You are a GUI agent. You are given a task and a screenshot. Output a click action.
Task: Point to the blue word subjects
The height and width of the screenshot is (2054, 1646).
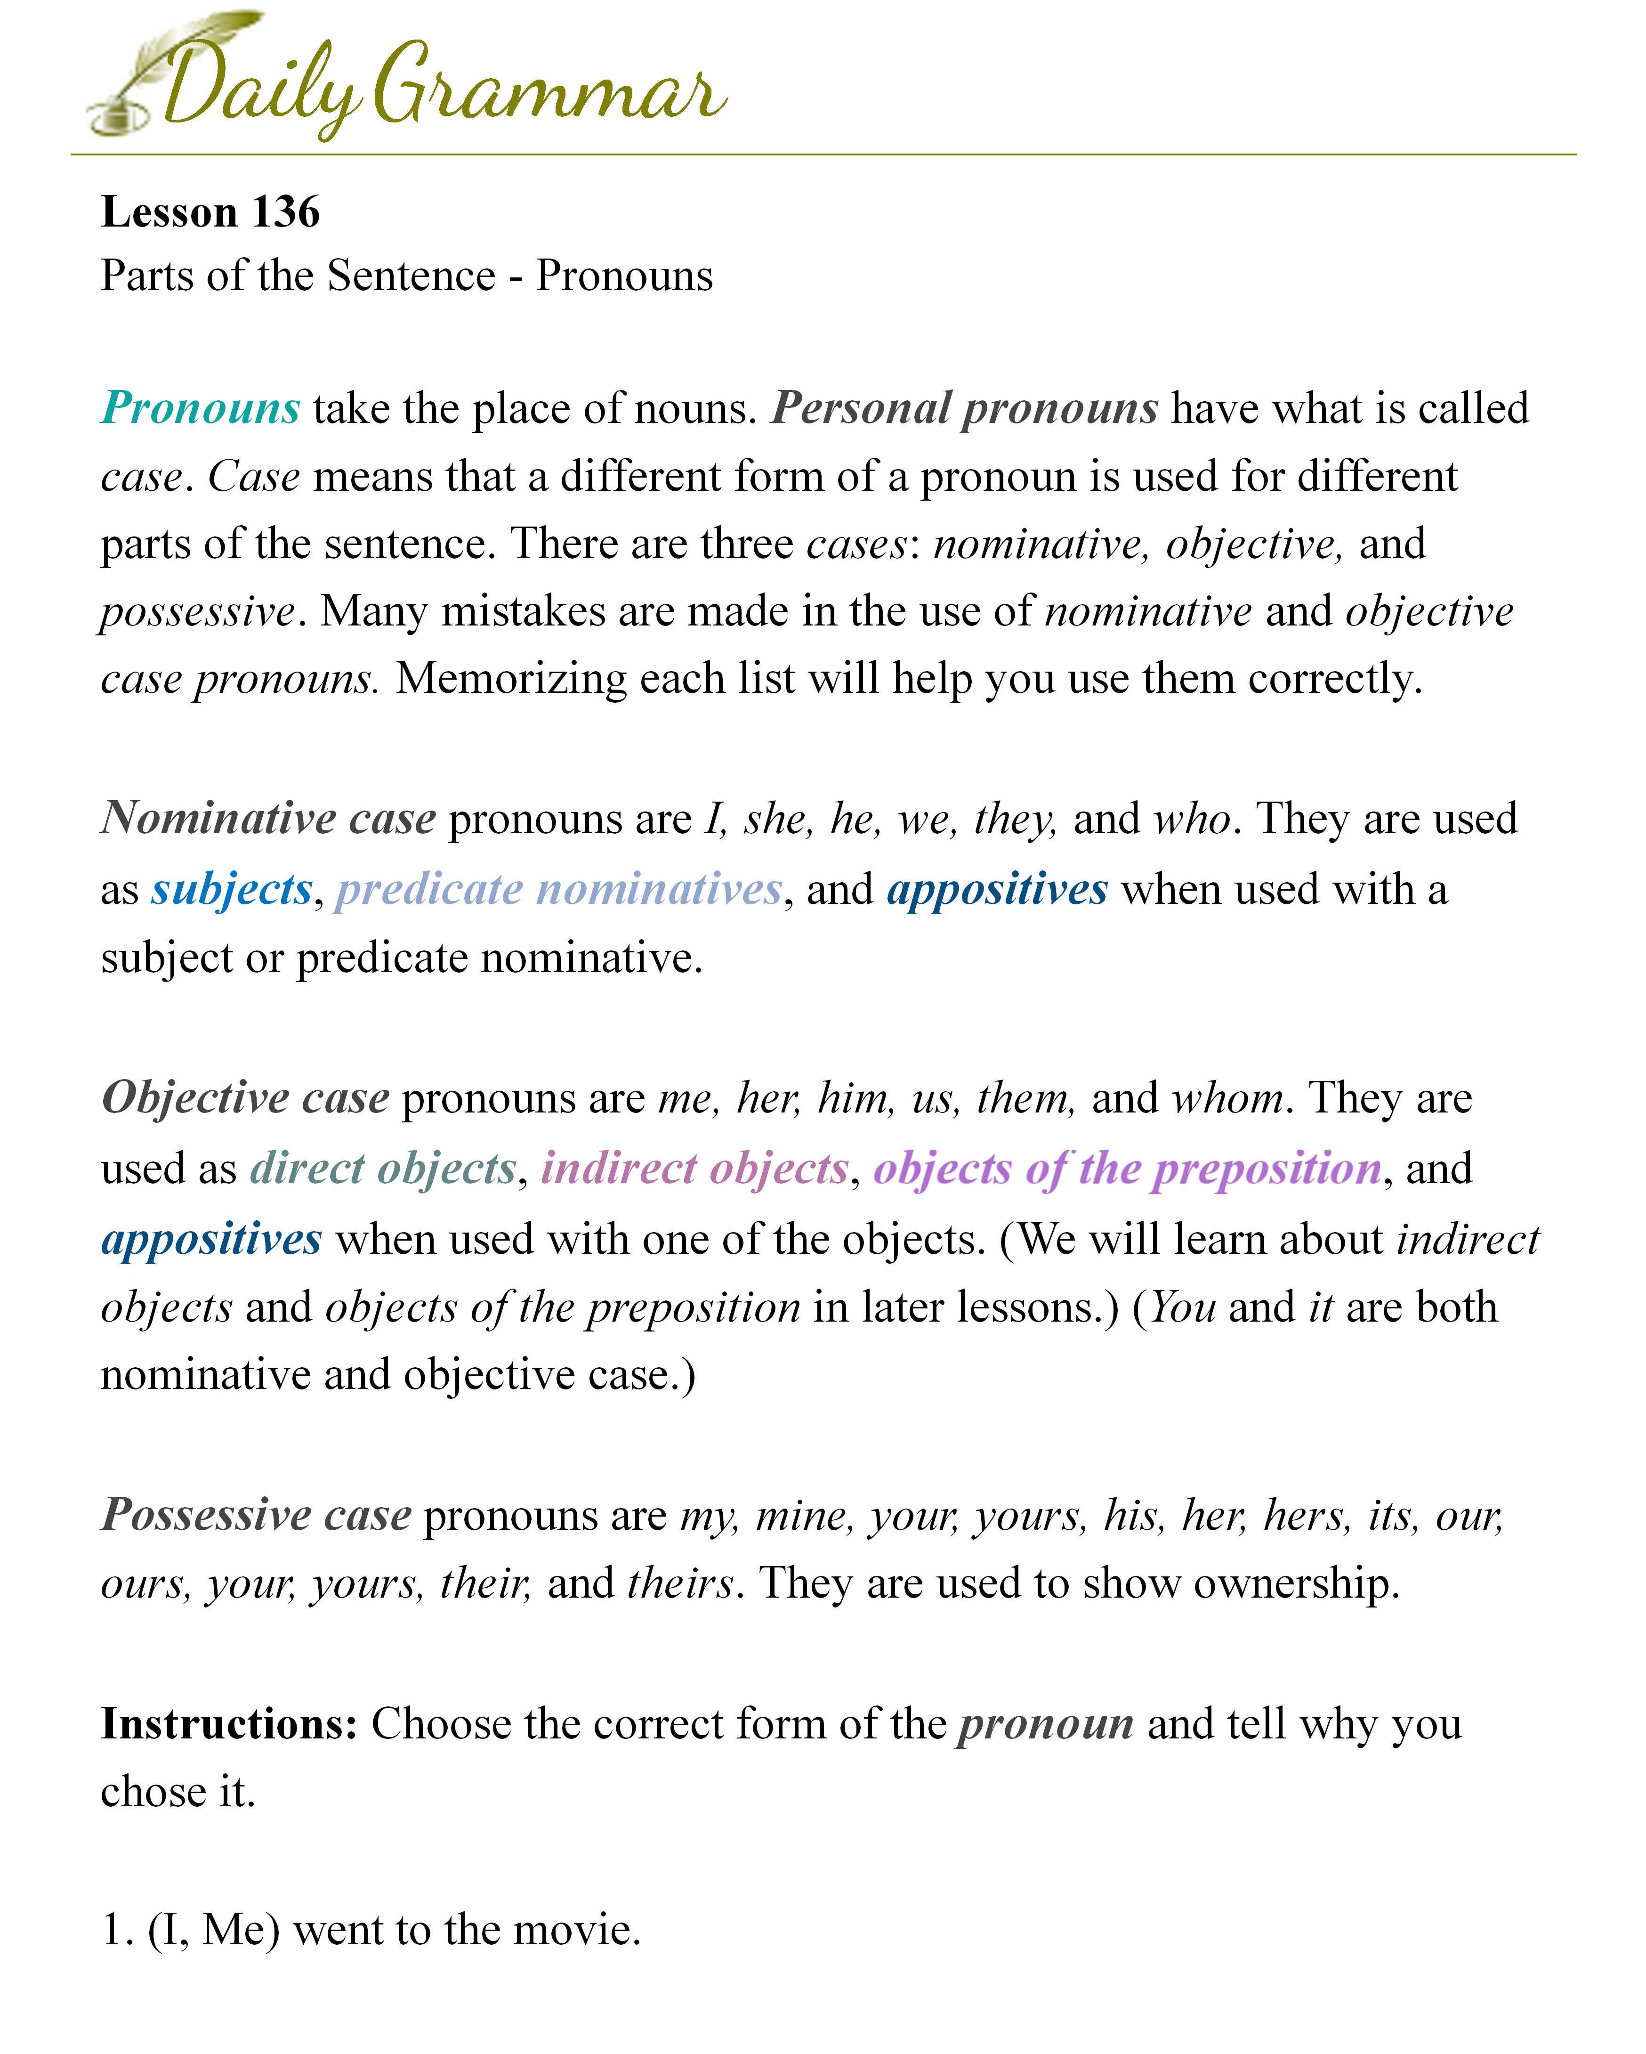point(232,889)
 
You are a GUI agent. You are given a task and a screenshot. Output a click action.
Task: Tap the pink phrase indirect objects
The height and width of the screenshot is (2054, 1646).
point(694,1168)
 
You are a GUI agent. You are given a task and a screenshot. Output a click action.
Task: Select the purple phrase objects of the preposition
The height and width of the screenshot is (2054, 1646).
point(1127,1168)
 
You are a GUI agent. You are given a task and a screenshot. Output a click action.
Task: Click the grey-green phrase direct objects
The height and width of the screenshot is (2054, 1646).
point(383,1168)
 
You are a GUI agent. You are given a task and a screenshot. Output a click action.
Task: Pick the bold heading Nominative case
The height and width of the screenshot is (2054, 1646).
point(269,819)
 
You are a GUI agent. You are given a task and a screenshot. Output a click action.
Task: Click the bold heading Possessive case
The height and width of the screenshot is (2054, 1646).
point(256,1515)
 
